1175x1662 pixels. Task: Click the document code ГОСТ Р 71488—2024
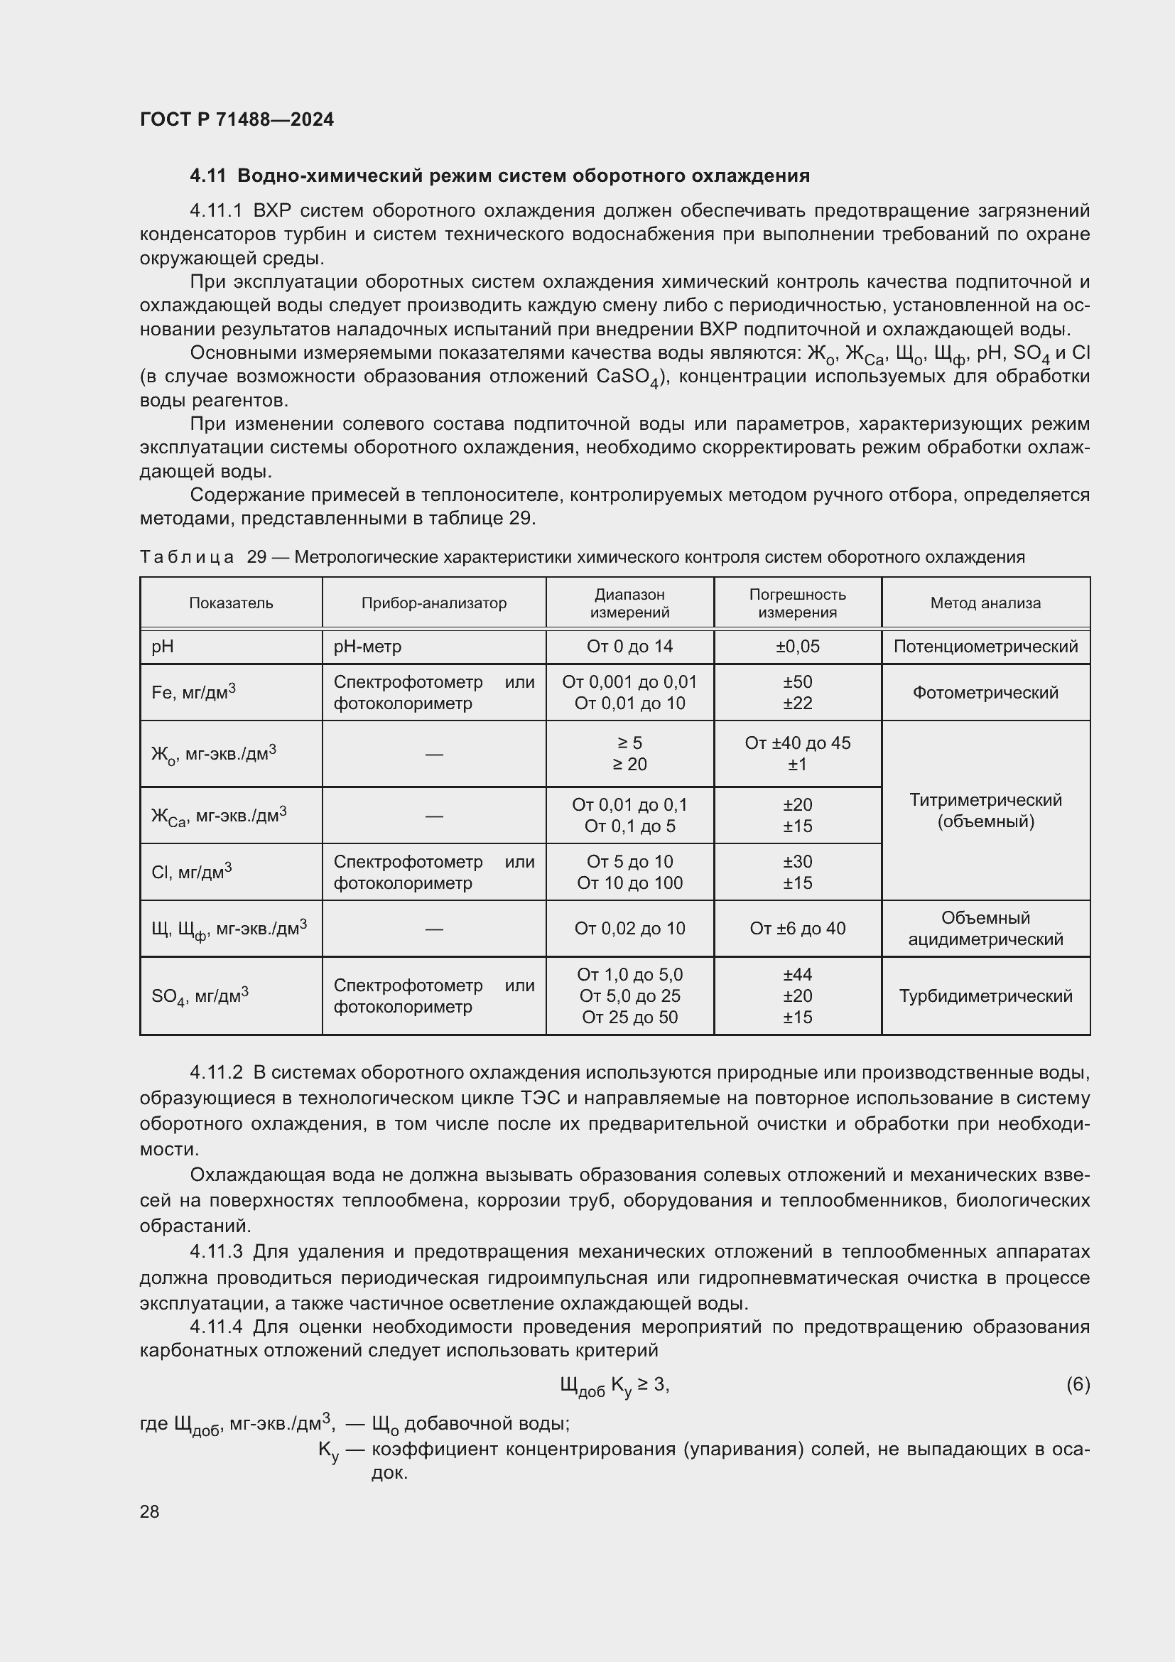coord(237,119)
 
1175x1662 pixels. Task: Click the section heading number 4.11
coord(207,176)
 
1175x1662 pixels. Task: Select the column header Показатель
coord(231,603)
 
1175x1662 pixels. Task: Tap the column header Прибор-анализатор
coord(434,603)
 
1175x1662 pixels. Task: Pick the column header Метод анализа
coord(985,603)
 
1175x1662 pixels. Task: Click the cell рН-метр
coord(367,647)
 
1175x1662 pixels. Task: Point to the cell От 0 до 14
coord(629,647)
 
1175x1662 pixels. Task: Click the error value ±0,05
coord(797,647)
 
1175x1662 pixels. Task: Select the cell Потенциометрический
coord(985,647)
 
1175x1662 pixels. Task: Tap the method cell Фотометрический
coord(985,693)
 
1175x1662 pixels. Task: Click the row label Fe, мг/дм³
coord(193,693)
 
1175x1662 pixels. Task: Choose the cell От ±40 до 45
coord(797,743)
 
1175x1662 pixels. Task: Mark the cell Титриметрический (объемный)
coord(985,811)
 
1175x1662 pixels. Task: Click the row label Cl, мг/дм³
coord(192,873)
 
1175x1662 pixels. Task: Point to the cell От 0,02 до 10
coord(629,929)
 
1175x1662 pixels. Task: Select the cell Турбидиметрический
coord(985,996)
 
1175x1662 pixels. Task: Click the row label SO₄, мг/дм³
coord(200,996)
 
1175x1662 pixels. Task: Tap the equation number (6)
coord(1078,1385)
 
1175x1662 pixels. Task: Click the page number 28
coord(150,1511)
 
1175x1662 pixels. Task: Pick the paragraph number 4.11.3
coord(216,1251)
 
